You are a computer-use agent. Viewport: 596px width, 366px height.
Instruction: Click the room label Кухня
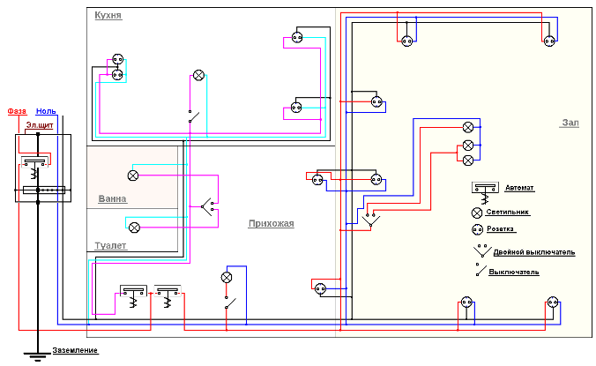(108, 16)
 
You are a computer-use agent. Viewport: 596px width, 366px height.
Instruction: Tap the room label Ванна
(112, 198)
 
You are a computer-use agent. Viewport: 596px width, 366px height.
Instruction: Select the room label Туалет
(111, 245)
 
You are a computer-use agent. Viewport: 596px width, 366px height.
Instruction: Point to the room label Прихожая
(271, 224)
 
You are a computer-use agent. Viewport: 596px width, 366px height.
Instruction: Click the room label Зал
(570, 123)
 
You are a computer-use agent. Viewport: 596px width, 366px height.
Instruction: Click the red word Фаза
(17, 111)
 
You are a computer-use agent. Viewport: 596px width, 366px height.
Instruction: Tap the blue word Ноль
(46, 111)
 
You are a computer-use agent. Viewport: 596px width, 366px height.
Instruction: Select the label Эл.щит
(38, 126)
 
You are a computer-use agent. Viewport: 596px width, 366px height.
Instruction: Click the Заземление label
(75, 351)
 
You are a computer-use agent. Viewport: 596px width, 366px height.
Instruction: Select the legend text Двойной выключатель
(536, 252)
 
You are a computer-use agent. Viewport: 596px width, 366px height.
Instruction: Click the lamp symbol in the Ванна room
(133, 175)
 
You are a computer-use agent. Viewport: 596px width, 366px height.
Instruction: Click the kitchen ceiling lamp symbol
(199, 74)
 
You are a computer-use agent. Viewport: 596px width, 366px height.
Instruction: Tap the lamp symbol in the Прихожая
(226, 277)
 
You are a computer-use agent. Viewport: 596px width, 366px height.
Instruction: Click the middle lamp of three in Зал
(468, 144)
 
